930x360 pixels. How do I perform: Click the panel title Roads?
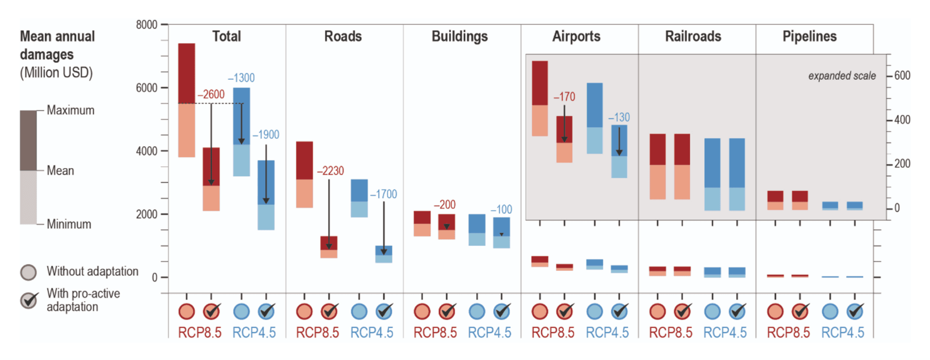click(x=343, y=36)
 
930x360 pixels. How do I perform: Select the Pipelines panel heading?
click(x=809, y=36)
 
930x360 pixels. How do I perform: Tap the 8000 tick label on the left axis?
click(x=146, y=25)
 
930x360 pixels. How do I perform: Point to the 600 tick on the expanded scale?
click(x=902, y=75)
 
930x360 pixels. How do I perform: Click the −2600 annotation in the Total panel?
click(x=211, y=94)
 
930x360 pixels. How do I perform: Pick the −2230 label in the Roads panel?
click(x=330, y=171)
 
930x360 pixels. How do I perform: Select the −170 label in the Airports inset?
click(x=564, y=97)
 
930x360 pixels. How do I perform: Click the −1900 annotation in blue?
click(x=266, y=135)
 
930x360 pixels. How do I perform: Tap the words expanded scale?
click(x=841, y=76)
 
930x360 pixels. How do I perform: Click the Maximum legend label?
click(x=70, y=110)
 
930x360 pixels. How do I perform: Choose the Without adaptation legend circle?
click(x=29, y=272)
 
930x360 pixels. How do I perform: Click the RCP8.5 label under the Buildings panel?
click(x=435, y=333)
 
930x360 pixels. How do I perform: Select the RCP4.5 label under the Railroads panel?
click(x=725, y=333)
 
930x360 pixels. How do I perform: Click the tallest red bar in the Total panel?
click(x=186, y=100)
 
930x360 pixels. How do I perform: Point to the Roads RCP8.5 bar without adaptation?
click(x=304, y=174)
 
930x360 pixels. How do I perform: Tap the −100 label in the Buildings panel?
click(x=501, y=209)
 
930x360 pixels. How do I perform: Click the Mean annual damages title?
click(x=57, y=45)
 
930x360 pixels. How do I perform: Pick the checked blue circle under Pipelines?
click(x=856, y=311)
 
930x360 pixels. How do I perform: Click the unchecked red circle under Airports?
click(x=540, y=312)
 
